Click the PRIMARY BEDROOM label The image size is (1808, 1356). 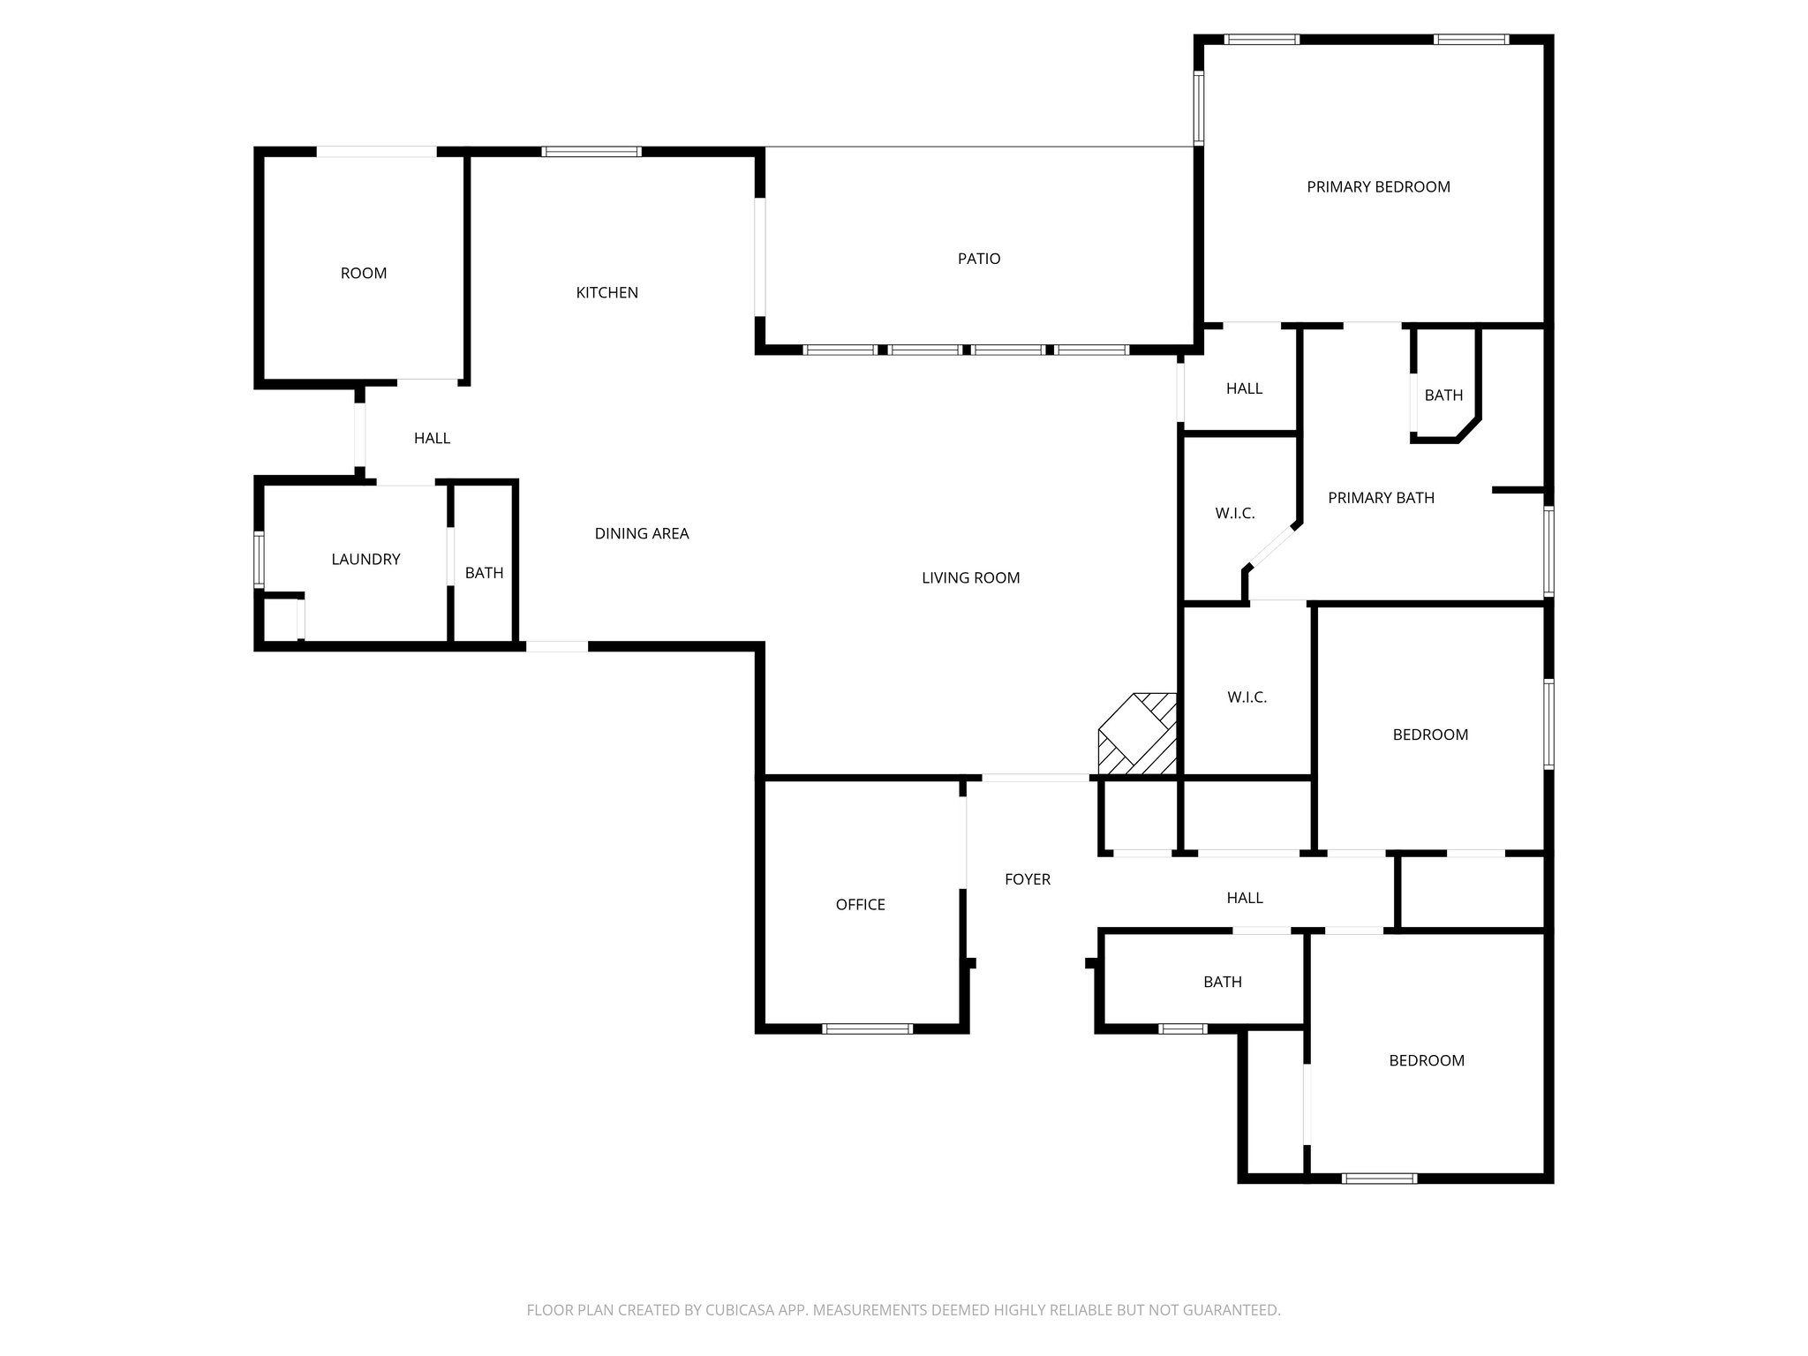pyautogui.click(x=1378, y=187)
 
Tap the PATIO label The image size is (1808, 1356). pyautogui.click(x=979, y=259)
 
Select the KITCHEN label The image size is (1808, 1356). pyautogui.click(x=606, y=293)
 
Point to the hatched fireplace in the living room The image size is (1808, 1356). pyautogui.click(x=1138, y=734)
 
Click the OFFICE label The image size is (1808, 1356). pyautogui.click(x=860, y=905)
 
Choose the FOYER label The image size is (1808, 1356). pyautogui.click(x=1028, y=879)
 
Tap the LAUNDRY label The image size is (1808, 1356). pyautogui.click(x=365, y=560)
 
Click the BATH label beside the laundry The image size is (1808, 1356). pyautogui.click(x=484, y=573)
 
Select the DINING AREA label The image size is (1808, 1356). pyautogui.click(x=642, y=533)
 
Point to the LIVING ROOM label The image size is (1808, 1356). pyautogui.click(x=970, y=578)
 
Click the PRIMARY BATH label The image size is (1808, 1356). pyautogui.click(x=1381, y=498)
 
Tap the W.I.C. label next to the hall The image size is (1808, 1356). pyautogui.click(x=1234, y=513)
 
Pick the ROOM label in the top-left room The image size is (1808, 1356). pyautogui.click(x=364, y=274)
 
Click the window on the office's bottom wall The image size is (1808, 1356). pyautogui.click(x=867, y=1028)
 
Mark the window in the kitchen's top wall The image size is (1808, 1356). pyautogui.click(x=591, y=152)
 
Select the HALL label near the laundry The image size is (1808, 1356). pyautogui.click(x=432, y=438)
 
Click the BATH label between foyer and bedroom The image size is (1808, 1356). pyautogui.click(x=1222, y=982)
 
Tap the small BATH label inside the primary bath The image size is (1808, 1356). pyautogui.click(x=1443, y=395)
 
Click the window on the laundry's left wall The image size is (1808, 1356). pyautogui.click(x=259, y=559)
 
